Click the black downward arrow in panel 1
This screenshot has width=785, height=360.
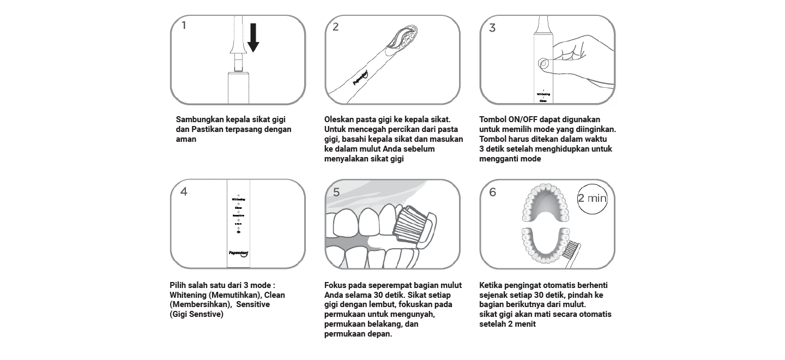pyautogui.click(x=253, y=38)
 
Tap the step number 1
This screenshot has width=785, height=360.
pyautogui.click(x=184, y=25)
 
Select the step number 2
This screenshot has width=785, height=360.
pyautogui.click(x=335, y=27)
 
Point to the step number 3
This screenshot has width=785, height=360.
pyautogui.click(x=492, y=28)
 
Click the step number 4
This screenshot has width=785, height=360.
pyautogui.click(x=184, y=192)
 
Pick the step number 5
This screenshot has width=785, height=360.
pyautogui.click(x=336, y=192)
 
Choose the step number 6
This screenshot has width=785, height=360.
pyautogui.click(x=493, y=192)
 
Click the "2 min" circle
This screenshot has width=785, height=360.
pyautogui.click(x=592, y=198)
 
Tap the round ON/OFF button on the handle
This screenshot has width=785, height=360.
pyautogui.click(x=544, y=64)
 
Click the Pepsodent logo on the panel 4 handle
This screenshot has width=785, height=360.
pyautogui.click(x=238, y=253)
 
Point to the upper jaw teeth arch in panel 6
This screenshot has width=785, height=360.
pyautogui.click(x=546, y=202)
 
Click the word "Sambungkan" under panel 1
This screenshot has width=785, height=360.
pyautogui.click(x=200, y=119)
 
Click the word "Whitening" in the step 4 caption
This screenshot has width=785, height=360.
pyautogui.click(x=188, y=295)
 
